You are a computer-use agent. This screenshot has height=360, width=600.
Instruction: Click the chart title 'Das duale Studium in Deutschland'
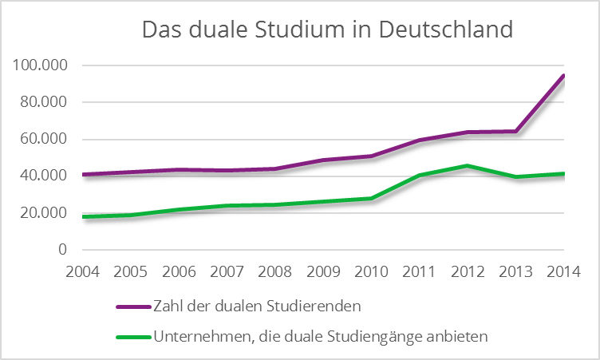pos(326,30)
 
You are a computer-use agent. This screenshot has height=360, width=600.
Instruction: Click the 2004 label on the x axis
pos(83,271)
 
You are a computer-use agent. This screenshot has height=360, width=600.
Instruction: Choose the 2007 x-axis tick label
pos(227,271)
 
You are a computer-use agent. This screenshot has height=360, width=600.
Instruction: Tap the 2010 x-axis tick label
pos(371,271)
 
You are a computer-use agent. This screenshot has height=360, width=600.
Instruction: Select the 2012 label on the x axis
pos(468,271)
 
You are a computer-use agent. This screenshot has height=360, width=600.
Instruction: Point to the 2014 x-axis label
pos(563,271)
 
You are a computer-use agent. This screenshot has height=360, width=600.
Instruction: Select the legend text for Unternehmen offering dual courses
pos(321,338)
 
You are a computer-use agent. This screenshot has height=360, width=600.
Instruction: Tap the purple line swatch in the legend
pos(133,307)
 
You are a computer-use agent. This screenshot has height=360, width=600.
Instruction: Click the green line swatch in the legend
pos(133,338)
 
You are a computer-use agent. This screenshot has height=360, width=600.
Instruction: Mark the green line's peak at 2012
pos(468,166)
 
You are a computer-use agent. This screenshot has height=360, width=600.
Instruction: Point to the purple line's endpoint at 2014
pos(563,77)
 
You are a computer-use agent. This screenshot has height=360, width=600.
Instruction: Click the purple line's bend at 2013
pos(515,132)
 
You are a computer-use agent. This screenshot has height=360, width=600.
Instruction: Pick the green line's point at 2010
pos(371,198)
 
